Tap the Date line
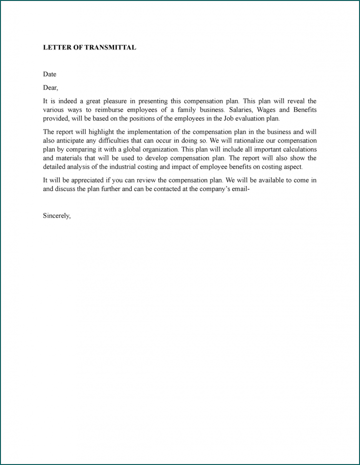(50, 74)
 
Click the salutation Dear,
(50, 88)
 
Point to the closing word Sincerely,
(57, 216)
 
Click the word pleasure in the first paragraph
(113, 101)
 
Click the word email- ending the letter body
(240, 188)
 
